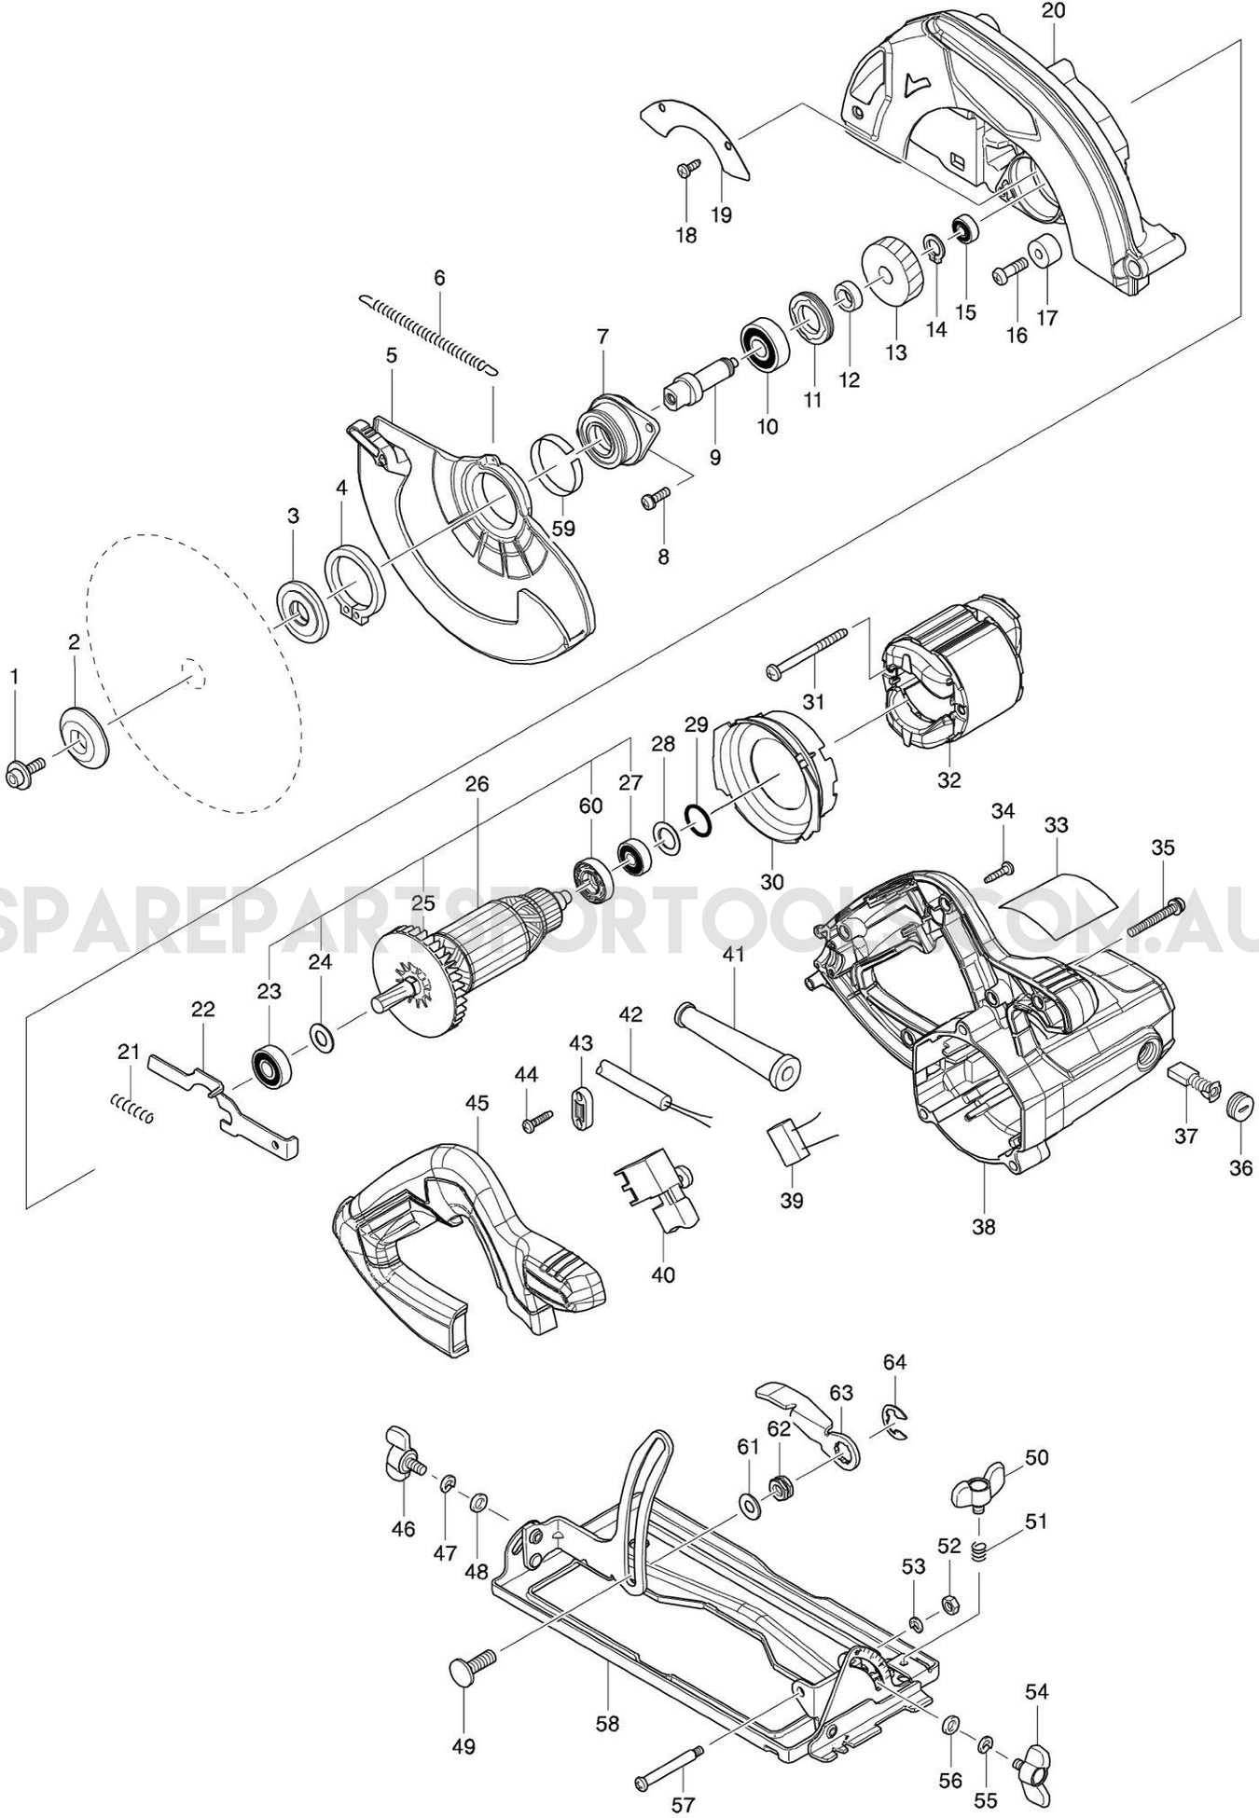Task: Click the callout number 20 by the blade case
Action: click(x=1055, y=12)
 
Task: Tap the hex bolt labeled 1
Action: click(x=21, y=773)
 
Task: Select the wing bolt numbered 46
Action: click(x=402, y=1469)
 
